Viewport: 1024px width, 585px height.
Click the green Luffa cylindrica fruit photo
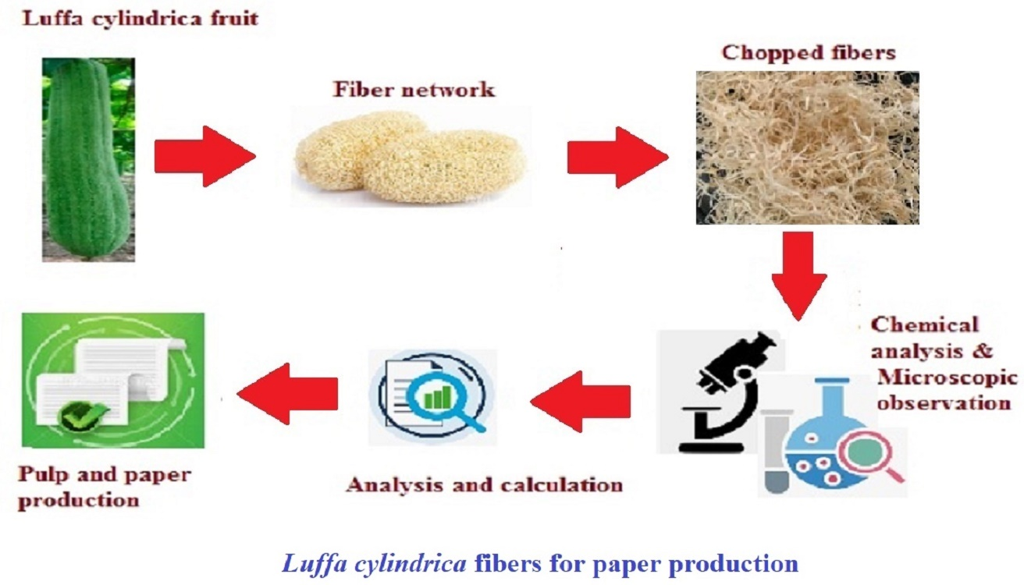[x=88, y=159]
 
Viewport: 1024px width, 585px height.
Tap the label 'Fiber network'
[x=414, y=89]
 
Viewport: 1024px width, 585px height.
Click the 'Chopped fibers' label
[x=808, y=53]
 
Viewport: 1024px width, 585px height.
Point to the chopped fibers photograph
[x=807, y=148]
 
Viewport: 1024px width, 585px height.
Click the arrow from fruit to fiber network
[x=204, y=158]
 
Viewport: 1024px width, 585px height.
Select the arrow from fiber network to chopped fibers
[x=617, y=158]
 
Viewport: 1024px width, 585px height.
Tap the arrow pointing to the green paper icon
[x=287, y=391]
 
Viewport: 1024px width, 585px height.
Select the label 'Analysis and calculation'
[x=484, y=485]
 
